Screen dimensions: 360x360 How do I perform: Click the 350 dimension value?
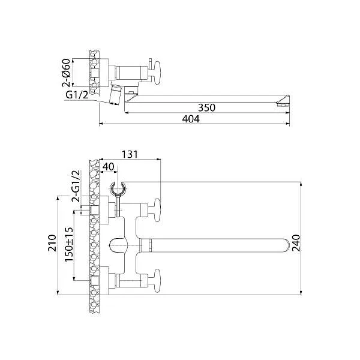(206, 107)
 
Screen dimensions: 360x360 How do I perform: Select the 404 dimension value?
(190, 119)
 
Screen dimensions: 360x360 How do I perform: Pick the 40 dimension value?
(109, 166)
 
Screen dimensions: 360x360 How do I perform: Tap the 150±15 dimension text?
(69, 244)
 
